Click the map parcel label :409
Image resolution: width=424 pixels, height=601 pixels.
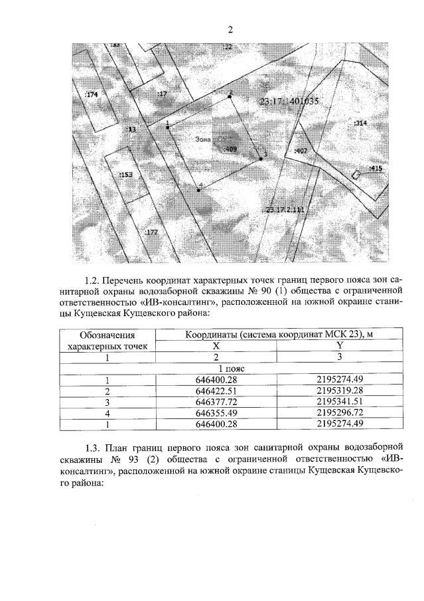point(232,149)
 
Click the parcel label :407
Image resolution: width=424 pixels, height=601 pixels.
point(301,151)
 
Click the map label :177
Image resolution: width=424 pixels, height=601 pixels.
point(151,232)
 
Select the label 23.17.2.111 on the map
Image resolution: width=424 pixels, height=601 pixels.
point(283,210)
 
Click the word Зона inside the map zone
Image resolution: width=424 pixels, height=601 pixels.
point(204,140)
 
